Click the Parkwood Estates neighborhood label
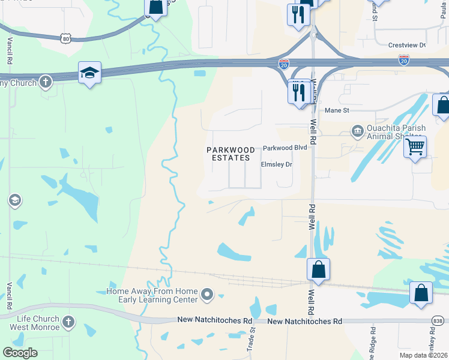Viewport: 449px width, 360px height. tap(228, 154)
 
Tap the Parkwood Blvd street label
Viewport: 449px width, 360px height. tap(285, 148)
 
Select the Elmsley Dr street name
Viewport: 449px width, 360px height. tap(276, 164)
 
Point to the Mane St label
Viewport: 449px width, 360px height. tap(336, 110)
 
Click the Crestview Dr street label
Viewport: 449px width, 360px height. tap(406, 45)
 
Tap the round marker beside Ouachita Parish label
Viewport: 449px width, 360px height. tap(357, 130)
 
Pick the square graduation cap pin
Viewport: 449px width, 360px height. tap(89, 73)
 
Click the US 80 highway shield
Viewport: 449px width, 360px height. tap(65, 38)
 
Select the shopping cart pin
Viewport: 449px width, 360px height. tap(415, 146)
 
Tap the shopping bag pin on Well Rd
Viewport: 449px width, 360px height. tap(318, 270)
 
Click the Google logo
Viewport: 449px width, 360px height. tap(20, 353)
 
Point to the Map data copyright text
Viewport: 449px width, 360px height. tap(423, 355)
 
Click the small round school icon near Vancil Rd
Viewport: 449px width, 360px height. tap(15, 200)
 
